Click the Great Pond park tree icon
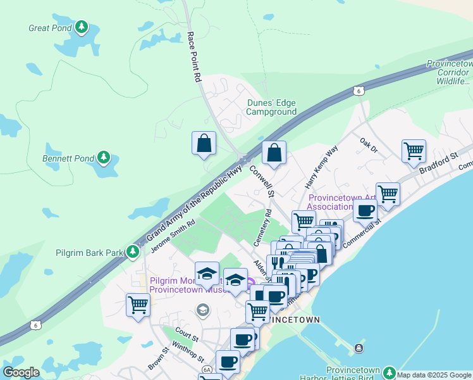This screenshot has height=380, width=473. click(x=81, y=27)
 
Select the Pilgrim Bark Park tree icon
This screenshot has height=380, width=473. click(x=132, y=252)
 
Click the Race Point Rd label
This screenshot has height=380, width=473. click(x=193, y=58)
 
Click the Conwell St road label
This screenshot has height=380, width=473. click(x=262, y=180)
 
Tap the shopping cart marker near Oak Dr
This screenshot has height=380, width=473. click(x=414, y=151)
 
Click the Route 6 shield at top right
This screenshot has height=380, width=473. click(x=359, y=91)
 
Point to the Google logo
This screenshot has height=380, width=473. click(x=21, y=372)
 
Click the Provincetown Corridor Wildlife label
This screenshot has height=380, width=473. click(x=450, y=73)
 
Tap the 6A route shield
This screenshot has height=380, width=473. click(x=207, y=369)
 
